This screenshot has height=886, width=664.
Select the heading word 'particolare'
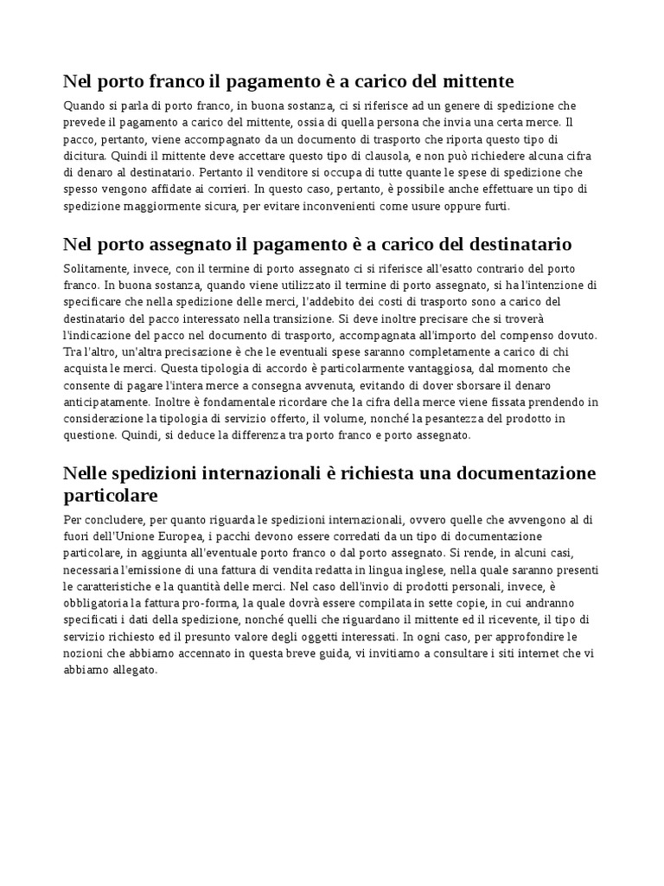(x=112, y=497)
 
